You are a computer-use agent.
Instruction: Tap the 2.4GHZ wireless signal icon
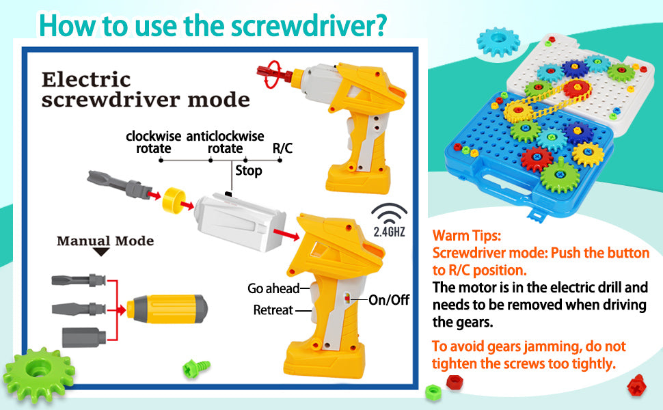tap(390, 220)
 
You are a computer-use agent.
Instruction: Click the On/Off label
tap(389, 300)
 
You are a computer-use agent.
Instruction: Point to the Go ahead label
tap(273, 288)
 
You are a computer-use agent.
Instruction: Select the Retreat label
tap(273, 310)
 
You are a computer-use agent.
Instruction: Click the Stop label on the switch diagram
tap(249, 170)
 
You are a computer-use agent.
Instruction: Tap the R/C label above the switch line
tap(282, 148)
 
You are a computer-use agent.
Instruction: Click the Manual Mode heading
tap(105, 241)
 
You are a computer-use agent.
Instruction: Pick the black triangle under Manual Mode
tap(101, 252)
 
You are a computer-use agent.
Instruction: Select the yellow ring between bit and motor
tap(174, 200)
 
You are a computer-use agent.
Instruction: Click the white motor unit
tap(239, 222)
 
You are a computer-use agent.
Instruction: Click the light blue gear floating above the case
tap(498, 42)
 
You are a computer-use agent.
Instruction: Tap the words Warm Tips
tap(466, 235)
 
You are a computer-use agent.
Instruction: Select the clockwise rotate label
tap(154, 142)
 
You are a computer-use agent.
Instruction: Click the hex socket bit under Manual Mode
tap(83, 337)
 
